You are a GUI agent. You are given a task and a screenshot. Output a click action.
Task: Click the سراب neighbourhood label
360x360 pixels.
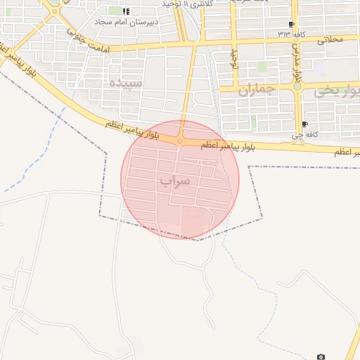[175, 180]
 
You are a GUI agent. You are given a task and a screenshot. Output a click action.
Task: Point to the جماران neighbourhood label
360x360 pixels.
[254, 90]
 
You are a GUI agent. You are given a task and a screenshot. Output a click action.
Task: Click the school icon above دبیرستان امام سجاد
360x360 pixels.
[126, 11]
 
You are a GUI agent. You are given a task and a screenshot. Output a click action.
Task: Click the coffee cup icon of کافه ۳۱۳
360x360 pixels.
[290, 23]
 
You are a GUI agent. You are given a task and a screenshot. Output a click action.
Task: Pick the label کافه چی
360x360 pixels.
[305, 134]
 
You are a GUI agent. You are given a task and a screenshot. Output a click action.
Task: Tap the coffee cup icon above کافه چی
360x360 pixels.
[304, 124]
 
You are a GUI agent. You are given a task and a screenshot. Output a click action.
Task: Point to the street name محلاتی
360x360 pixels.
[331, 40]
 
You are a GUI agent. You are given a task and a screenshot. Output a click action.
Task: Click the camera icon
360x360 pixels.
[321, 357]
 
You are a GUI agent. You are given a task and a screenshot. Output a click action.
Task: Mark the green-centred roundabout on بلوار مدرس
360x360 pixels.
[297, 88]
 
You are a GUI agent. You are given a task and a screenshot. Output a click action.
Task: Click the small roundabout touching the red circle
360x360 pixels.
[180, 141]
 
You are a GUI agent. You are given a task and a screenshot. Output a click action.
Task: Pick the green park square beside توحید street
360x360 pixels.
[262, 67]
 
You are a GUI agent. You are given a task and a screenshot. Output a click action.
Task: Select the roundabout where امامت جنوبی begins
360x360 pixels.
[55, 11]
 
